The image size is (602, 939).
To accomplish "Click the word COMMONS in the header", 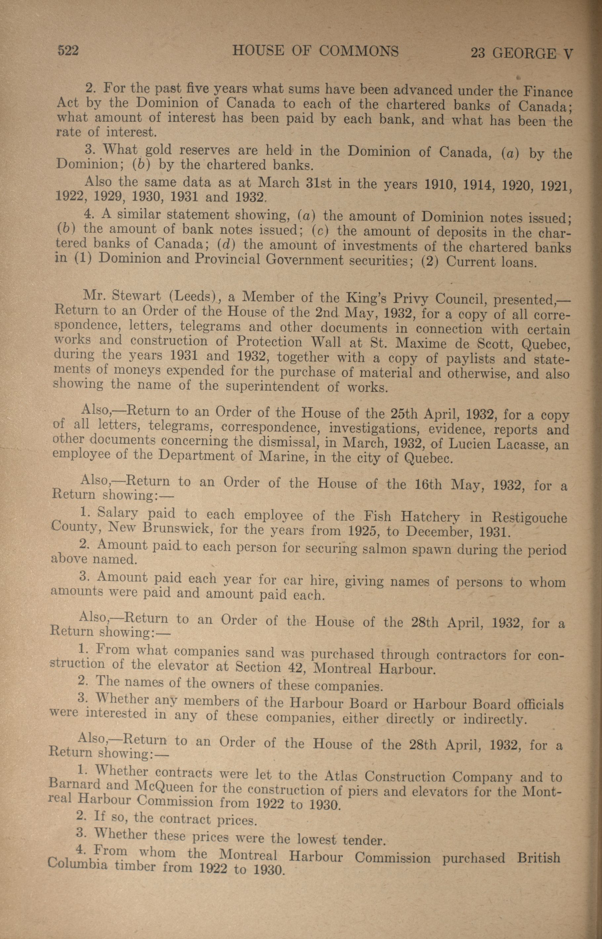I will click(359, 52).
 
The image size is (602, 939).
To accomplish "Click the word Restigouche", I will click(529, 518).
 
